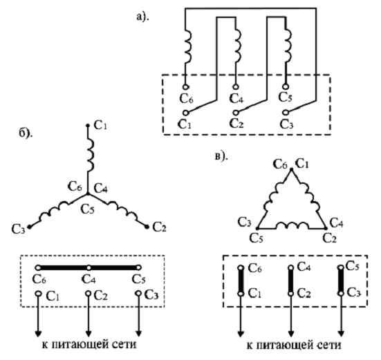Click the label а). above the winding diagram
coord(143,17)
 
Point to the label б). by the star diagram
coord(26,133)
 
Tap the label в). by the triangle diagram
coord(221,156)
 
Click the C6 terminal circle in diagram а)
coord(185,87)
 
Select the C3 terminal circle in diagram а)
coord(286,113)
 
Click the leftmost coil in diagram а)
coord(187,46)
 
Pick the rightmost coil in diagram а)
coord(288,46)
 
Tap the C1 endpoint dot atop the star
coord(88,126)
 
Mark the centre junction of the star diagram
coord(88,194)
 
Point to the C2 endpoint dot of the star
coord(147,227)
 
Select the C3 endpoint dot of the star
coord(30,227)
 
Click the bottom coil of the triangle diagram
coord(292,225)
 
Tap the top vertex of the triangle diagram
coord(292,169)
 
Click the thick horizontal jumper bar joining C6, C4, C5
coord(89,268)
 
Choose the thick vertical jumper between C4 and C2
coord(290,281)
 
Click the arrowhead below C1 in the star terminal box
coord(38,334)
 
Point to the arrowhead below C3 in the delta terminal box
coord(341,334)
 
